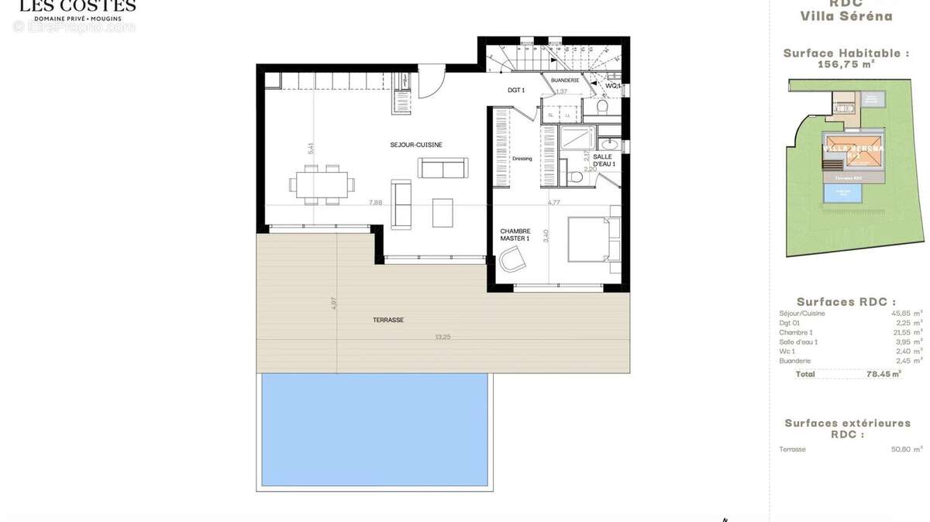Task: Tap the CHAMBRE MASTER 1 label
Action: (515, 235)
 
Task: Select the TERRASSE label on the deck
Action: (387, 320)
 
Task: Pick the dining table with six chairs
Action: (322, 184)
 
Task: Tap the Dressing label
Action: (522, 159)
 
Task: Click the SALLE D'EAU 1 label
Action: (604, 160)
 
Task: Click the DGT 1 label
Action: (516, 91)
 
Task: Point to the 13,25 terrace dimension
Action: (443, 337)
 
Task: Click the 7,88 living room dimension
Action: (375, 202)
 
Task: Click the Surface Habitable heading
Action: (846, 53)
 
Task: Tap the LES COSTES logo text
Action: (77, 6)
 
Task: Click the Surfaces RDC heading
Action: (846, 302)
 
